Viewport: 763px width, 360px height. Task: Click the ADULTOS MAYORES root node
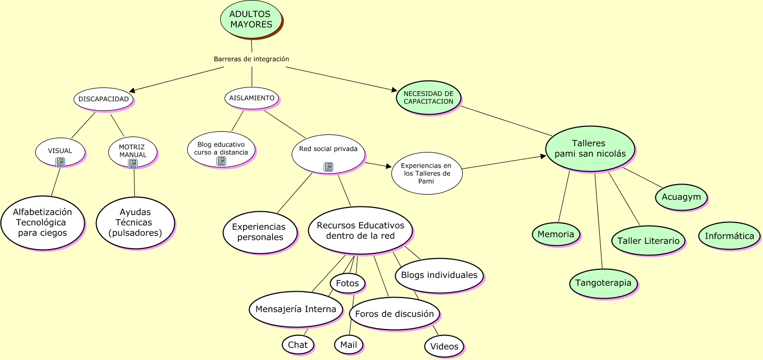(x=251, y=19)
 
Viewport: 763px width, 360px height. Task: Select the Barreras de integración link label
(x=251, y=59)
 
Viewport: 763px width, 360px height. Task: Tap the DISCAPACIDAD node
(x=103, y=99)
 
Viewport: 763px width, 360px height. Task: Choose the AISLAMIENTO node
(x=252, y=98)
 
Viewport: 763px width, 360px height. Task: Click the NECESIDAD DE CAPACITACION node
(x=428, y=97)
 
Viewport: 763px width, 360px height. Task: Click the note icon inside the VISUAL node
(x=60, y=162)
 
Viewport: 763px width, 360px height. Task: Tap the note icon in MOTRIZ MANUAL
(x=132, y=164)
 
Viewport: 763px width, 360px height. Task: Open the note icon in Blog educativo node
(x=221, y=161)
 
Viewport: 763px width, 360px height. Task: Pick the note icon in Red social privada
(x=328, y=167)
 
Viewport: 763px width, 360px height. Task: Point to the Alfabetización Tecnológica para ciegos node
(x=43, y=223)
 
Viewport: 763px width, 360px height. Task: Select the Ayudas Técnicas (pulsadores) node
(x=135, y=222)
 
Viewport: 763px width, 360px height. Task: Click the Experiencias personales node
(x=260, y=232)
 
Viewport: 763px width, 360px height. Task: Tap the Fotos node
(x=348, y=283)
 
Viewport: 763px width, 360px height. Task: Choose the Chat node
(x=298, y=345)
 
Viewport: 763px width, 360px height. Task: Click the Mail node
(x=349, y=345)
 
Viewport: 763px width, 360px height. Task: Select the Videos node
(x=444, y=346)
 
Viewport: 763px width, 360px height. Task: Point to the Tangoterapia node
(x=603, y=283)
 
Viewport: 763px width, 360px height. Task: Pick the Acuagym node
(x=681, y=197)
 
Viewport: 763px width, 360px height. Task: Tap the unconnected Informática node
(x=729, y=236)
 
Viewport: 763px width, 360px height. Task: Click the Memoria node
(x=556, y=234)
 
